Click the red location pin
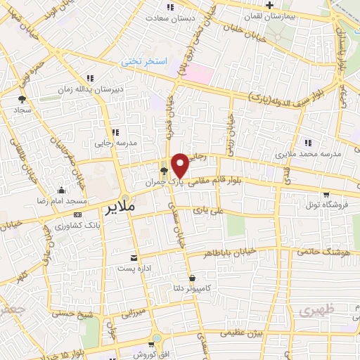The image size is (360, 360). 180,165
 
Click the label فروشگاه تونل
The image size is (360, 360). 325,206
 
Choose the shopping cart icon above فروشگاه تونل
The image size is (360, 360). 325,195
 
